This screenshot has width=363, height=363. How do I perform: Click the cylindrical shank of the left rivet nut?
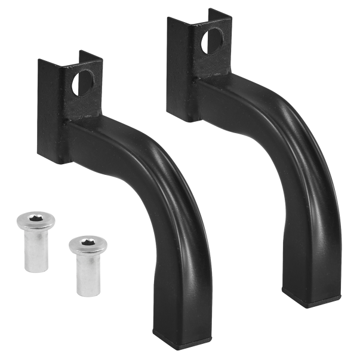tap(36, 254)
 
